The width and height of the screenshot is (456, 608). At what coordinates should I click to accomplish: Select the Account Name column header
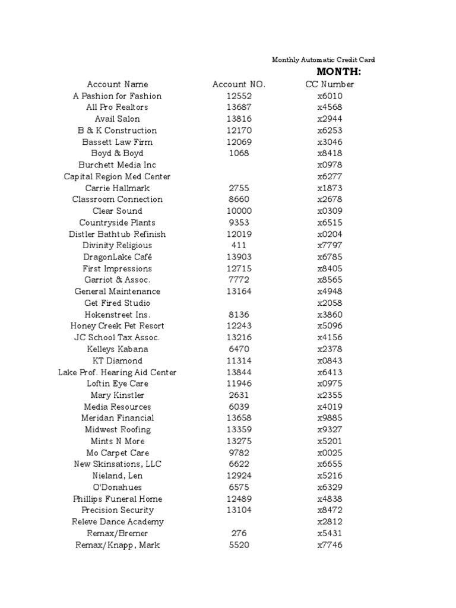(x=118, y=84)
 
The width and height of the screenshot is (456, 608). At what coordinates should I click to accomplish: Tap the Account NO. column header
(x=239, y=84)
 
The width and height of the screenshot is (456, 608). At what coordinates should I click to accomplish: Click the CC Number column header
(x=330, y=84)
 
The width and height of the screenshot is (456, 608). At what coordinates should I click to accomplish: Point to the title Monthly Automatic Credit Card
(x=323, y=60)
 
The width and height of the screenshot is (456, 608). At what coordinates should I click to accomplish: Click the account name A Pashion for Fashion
(x=118, y=96)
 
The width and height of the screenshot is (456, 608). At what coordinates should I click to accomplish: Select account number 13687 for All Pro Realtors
(x=239, y=107)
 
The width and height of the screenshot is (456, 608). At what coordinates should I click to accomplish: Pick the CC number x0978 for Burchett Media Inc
(x=330, y=165)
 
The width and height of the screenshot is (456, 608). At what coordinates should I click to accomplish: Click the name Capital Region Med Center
(x=118, y=176)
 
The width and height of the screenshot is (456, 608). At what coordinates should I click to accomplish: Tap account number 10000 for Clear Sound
(x=239, y=211)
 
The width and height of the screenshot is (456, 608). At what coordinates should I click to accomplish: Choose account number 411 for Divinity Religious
(x=239, y=245)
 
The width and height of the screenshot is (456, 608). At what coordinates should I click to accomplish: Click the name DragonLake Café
(x=118, y=257)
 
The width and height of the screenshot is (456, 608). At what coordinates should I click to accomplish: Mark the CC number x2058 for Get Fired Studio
(x=330, y=303)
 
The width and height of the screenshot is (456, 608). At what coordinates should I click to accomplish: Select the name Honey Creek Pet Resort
(x=118, y=326)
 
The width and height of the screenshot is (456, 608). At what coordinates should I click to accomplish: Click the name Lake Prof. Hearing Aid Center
(x=118, y=372)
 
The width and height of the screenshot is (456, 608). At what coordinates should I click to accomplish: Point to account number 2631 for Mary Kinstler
(x=239, y=395)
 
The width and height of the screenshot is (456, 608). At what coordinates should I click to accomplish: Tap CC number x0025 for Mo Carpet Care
(x=330, y=453)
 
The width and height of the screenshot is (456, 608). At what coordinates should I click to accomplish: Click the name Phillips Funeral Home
(x=118, y=499)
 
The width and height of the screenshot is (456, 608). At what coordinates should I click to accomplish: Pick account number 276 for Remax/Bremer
(x=239, y=533)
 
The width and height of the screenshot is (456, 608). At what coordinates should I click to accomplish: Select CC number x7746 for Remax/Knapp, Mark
(x=330, y=545)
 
